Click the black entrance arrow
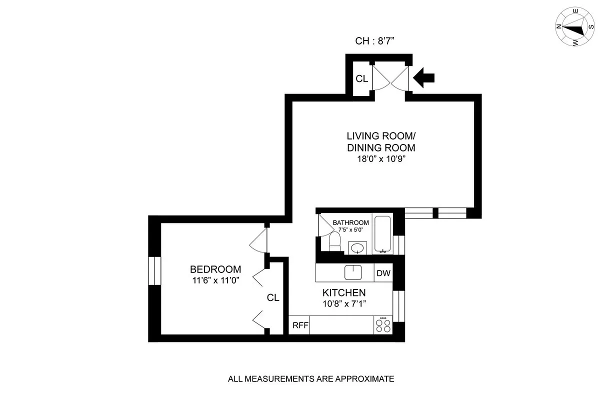point(425,77)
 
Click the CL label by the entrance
point(361,79)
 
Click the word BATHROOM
point(351,222)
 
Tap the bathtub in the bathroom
point(383,234)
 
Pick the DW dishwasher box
point(383,273)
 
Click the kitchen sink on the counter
point(353,272)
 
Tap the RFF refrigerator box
point(300,325)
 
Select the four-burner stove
point(383,325)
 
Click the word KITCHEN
point(343,293)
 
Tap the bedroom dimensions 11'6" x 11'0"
point(215,280)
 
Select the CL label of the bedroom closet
point(272,298)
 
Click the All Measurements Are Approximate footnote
point(311,379)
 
